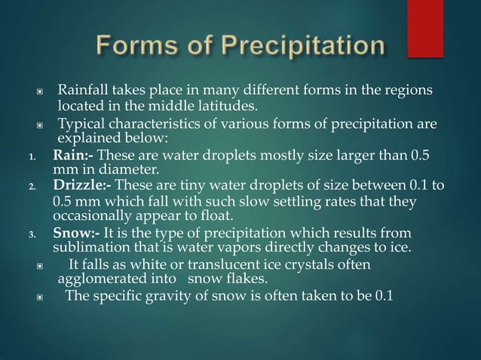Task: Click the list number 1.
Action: pos(30,157)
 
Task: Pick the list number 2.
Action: pos(30,188)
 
